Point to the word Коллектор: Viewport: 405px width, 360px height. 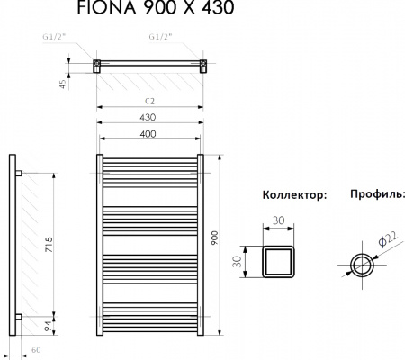[293, 195]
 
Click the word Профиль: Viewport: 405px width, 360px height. [377, 195]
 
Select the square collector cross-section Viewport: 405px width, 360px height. [279, 261]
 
